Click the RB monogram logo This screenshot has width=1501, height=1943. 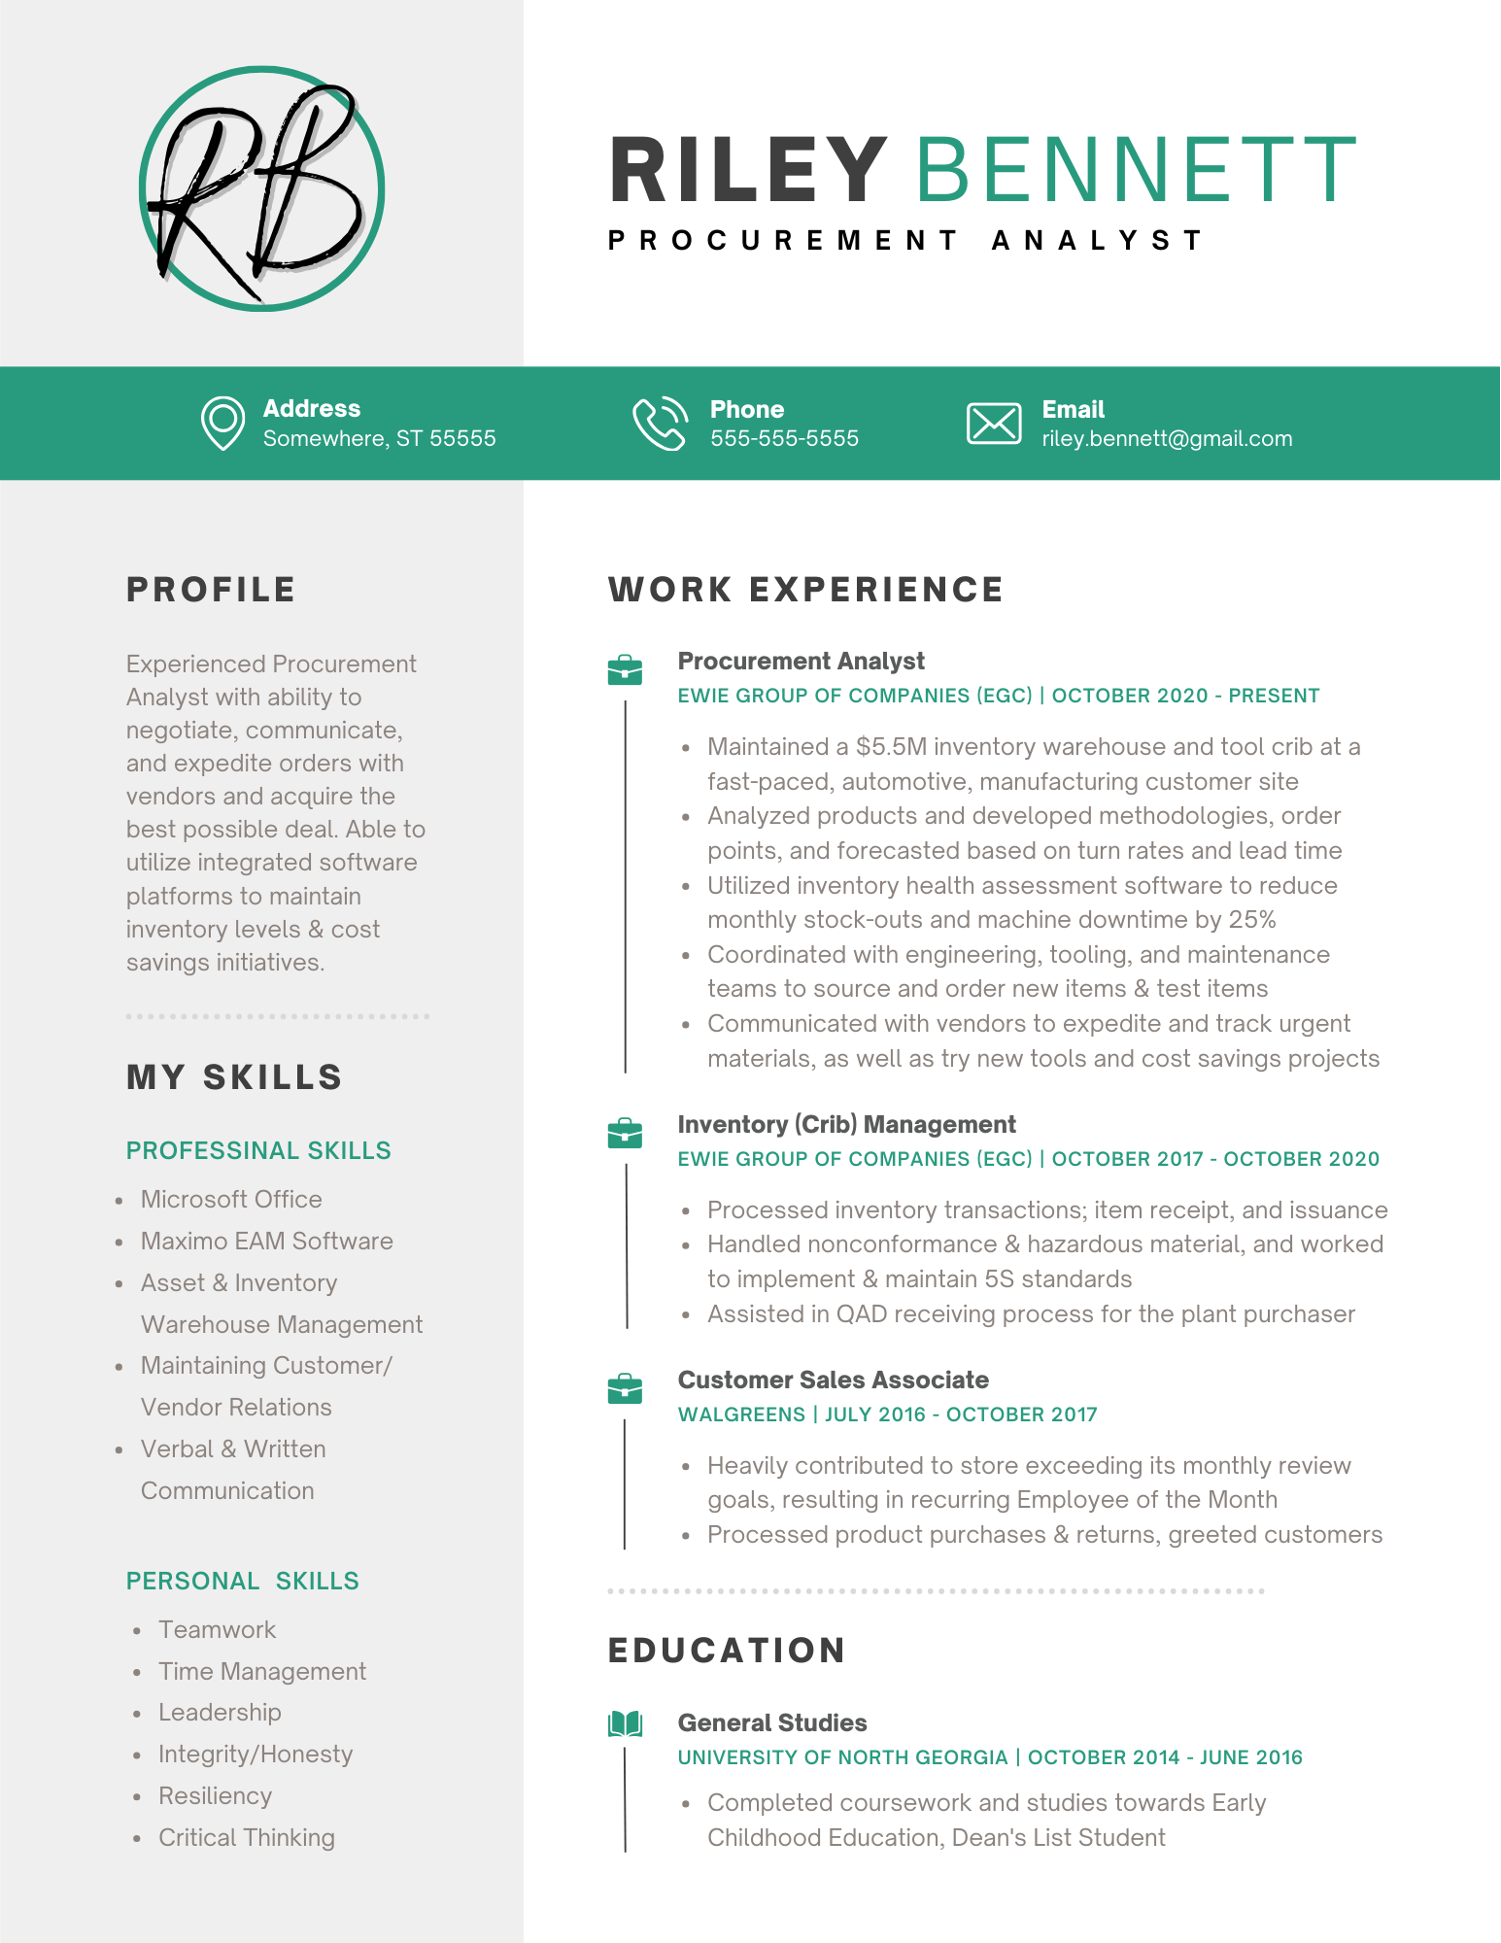261,189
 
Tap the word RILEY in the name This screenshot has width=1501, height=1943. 748,171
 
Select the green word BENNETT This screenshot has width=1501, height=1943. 1135,171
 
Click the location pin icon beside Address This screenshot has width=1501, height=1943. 222,423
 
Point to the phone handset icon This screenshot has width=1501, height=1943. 660,424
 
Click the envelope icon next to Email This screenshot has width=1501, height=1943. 993,424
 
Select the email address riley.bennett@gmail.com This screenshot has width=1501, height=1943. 1167,439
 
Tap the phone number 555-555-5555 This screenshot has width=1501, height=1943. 784,439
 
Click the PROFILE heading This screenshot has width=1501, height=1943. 211,590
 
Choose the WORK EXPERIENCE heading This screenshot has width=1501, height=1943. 805,590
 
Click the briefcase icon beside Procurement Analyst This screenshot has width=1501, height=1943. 625,670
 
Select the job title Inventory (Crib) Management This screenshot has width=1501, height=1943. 846,1125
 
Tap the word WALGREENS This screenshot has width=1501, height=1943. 741,1415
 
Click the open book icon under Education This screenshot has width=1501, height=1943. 625,1725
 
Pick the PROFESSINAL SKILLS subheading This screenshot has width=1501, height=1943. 258,1151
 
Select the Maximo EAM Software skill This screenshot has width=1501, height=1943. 266,1242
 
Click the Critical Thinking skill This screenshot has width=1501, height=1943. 247,1838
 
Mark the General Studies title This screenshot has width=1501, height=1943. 772,1723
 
